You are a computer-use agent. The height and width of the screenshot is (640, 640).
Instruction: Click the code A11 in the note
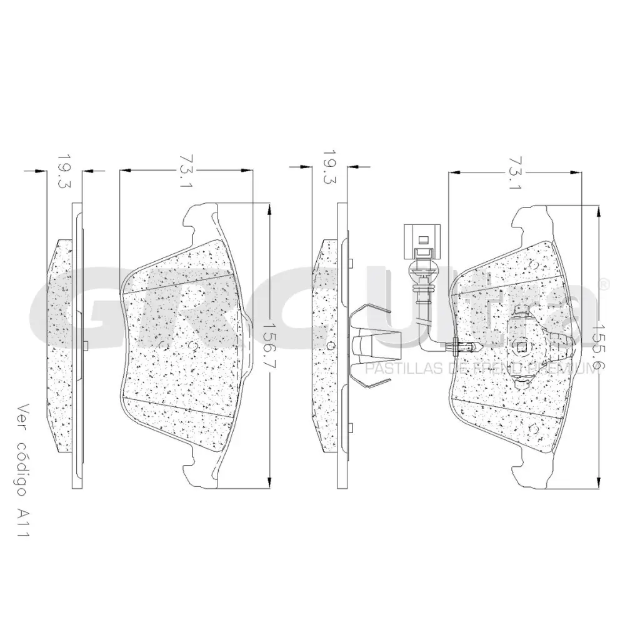point(24,522)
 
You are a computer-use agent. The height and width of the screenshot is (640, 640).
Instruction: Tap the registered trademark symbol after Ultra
point(604,284)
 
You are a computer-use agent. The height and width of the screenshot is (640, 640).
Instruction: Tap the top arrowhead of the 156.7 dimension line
point(269,209)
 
